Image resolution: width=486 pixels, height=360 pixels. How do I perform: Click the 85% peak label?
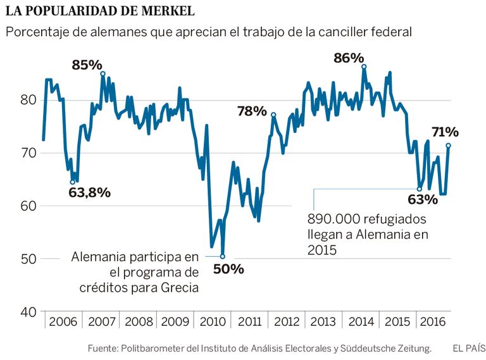coord(87,65)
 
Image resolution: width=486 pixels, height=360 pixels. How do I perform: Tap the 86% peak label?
coord(349,58)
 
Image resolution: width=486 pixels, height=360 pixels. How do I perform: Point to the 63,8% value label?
coord(90,192)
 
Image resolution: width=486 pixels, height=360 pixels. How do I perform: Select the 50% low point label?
coord(228,268)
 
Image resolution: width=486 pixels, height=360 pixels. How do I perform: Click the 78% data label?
coord(252,111)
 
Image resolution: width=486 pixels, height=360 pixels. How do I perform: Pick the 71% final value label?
coord(445,132)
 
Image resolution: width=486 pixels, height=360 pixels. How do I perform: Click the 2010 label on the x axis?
coord(213,321)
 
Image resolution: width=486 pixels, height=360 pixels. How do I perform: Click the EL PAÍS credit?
coord(469,348)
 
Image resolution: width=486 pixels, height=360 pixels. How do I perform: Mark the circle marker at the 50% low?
coord(222,256)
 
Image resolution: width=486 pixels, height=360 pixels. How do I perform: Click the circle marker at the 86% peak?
coord(364,66)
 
